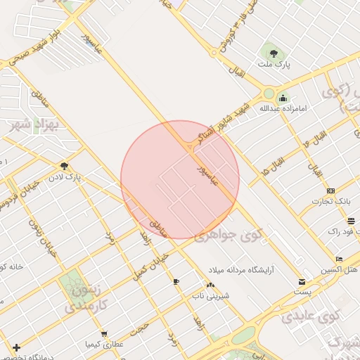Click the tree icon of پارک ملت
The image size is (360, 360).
(x=272, y=52)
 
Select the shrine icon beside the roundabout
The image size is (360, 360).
(x=283, y=98)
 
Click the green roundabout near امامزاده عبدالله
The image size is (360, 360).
(x=268, y=94)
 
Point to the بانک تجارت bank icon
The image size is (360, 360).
(x=331, y=191)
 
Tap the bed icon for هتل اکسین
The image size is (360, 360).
(x=339, y=259)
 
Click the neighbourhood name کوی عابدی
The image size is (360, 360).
(x=310, y=316)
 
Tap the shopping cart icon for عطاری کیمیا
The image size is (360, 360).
(x=105, y=333)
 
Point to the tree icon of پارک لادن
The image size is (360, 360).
(x=64, y=166)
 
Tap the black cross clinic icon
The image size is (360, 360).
(x=16, y=347)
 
